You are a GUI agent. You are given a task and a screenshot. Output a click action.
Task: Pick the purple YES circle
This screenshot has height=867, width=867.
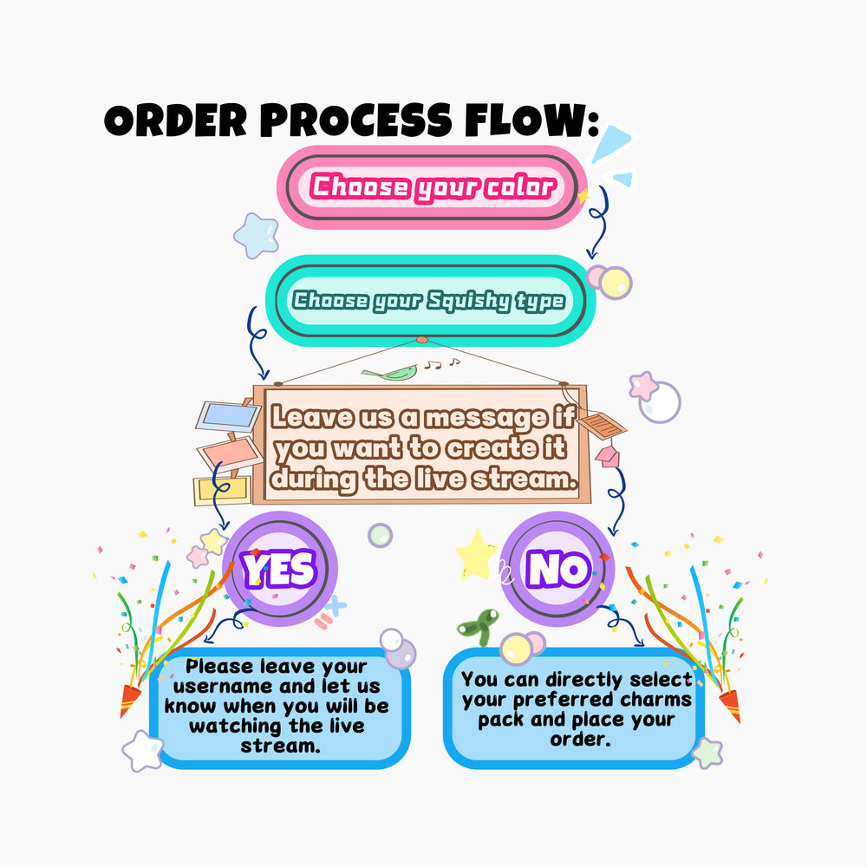pos(279,569)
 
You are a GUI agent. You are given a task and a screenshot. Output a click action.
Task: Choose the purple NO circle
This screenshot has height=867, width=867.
pos(558,569)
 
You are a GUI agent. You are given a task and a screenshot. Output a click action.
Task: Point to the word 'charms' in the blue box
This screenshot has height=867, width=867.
pos(649,700)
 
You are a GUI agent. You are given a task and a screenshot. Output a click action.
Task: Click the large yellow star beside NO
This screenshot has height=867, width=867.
pos(476,556)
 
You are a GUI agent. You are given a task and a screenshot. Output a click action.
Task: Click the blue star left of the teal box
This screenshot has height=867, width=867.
pos(257,235)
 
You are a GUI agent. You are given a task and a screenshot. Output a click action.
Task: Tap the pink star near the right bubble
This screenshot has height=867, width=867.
pos(643,385)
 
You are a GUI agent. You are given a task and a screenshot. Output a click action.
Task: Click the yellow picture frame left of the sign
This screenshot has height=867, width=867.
pos(222,491)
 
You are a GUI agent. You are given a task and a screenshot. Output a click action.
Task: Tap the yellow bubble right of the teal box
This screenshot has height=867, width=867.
pos(616,283)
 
